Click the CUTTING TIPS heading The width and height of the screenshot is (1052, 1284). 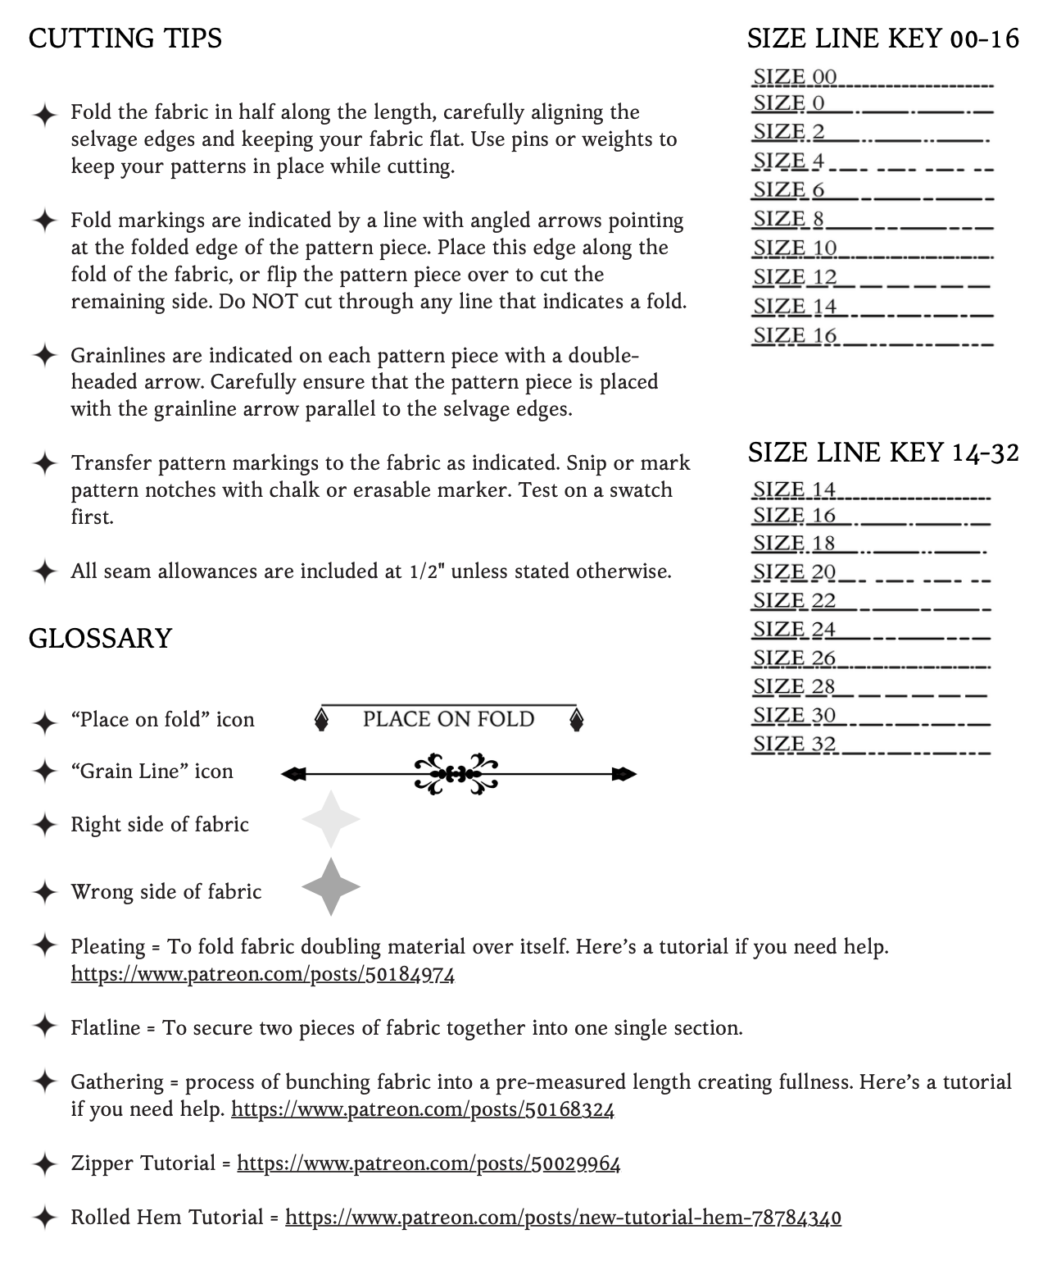click(x=125, y=39)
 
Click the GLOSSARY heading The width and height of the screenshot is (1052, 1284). click(x=100, y=639)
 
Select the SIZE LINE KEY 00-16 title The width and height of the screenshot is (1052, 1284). click(x=883, y=39)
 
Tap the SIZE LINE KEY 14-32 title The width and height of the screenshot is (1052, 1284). click(x=883, y=452)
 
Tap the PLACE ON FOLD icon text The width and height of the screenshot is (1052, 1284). click(x=448, y=719)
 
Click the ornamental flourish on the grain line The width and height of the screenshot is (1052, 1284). click(x=456, y=773)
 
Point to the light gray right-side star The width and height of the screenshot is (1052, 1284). click(x=330, y=819)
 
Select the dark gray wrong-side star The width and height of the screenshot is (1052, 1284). click(x=330, y=886)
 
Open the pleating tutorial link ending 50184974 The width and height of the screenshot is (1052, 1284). click(x=262, y=974)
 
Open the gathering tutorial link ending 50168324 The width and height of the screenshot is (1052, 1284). click(x=423, y=1109)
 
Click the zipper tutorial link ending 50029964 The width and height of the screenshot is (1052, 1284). click(x=429, y=1163)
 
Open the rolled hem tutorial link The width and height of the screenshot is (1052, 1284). click(x=563, y=1218)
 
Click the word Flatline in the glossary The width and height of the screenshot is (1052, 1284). click(x=105, y=1028)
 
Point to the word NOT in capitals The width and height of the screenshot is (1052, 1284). click(x=274, y=302)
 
